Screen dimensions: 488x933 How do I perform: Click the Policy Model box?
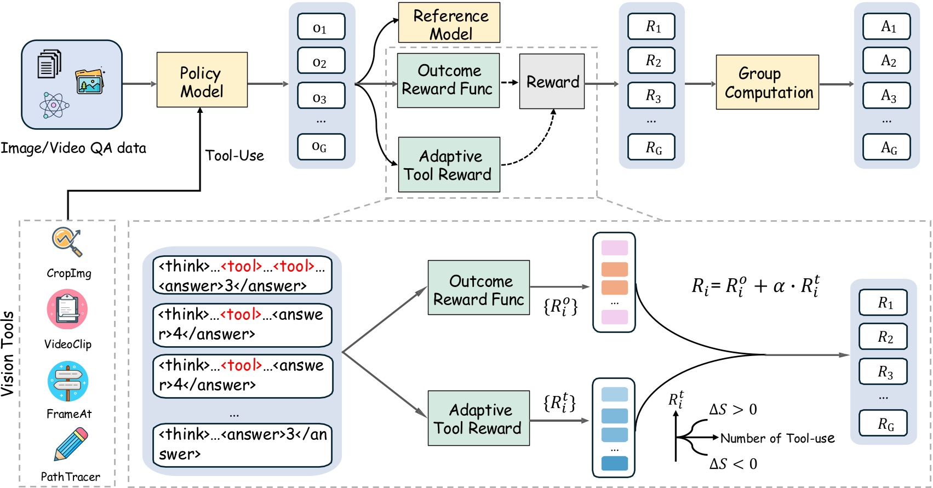202,80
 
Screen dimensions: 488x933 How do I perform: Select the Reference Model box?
449,23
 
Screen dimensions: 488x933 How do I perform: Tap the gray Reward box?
552,82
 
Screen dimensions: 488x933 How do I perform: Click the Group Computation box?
767,82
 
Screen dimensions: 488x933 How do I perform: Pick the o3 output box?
321,96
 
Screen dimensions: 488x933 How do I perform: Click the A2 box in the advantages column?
886,61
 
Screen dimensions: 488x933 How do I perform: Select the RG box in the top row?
651,147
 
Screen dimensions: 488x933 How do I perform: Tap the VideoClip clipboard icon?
67,310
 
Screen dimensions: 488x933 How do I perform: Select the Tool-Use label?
234,156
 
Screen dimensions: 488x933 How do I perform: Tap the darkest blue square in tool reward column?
614,463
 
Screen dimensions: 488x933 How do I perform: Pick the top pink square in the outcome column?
614,248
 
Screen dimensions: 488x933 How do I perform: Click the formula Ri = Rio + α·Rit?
755,286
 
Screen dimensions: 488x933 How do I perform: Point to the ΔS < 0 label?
733,464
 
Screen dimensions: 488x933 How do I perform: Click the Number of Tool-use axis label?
777,438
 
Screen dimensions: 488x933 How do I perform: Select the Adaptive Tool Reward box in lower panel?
478,418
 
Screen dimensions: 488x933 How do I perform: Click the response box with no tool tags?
242,444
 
